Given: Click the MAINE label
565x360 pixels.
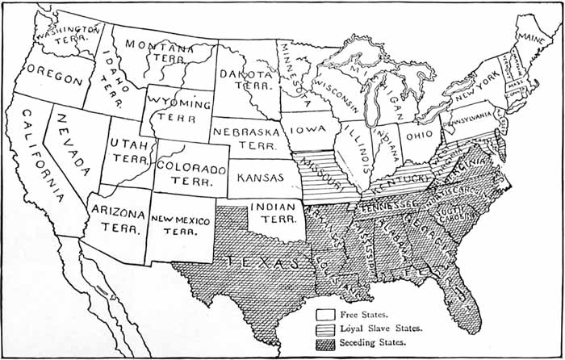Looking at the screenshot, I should [x=529, y=38].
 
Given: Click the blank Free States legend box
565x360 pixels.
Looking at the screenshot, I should [x=325, y=314].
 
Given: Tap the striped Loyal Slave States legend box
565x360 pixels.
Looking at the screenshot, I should [x=325, y=329].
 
